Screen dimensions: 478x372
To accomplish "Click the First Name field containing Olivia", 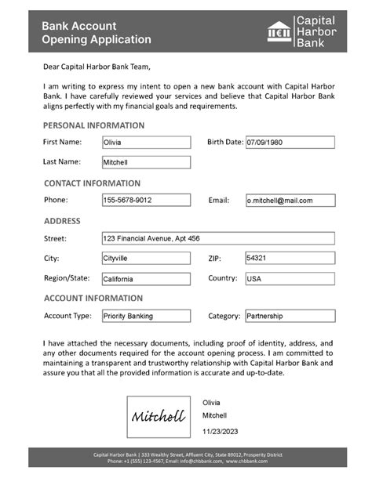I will tap(146, 143).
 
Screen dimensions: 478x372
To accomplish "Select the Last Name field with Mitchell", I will tap(146, 162).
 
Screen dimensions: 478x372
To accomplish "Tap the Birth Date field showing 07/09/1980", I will tap(290, 143).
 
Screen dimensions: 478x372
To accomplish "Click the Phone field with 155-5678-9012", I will tap(146, 201).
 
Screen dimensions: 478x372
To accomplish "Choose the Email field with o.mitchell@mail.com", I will tap(290, 201).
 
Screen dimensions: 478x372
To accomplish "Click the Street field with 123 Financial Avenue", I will tap(218, 238).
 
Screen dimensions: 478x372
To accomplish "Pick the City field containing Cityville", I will tap(146, 258).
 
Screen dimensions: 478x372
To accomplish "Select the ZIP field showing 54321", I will tap(290, 258).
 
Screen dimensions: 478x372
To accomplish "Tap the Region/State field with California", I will tap(146, 278).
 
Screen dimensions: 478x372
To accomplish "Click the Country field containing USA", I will tap(290, 278).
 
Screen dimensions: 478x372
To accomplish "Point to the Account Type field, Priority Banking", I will tap(146, 316).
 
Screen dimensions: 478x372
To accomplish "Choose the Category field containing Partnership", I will tap(290, 316).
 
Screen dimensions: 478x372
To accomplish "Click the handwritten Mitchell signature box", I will tap(159, 416).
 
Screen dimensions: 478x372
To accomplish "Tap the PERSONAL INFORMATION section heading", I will tap(93, 125).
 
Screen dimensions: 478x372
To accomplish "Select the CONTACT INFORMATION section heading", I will tap(92, 183).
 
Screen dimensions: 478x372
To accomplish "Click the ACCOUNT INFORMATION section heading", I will tap(93, 299).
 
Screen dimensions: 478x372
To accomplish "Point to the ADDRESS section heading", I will tap(62, 221).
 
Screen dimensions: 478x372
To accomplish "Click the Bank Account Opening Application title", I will tap(97, 32).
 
